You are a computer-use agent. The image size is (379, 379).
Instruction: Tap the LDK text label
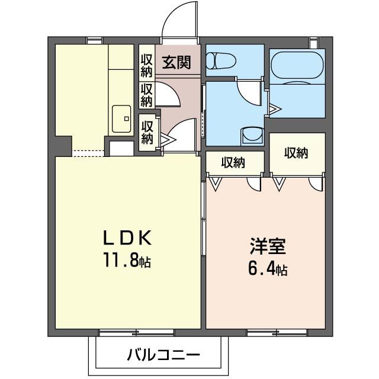(129, 238)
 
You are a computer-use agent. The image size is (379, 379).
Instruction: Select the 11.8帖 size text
(129, 261)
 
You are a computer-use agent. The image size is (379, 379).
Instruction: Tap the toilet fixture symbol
(221, 60)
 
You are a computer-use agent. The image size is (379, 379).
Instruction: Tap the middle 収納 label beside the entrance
(147, 95)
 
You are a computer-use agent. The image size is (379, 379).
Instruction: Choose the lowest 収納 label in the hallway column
(147, 131)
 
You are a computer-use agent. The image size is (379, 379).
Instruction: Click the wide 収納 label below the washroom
(235, 162)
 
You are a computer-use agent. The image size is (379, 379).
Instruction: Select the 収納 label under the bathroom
(297, 153)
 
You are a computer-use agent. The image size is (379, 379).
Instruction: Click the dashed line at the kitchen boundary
(89, 153)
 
